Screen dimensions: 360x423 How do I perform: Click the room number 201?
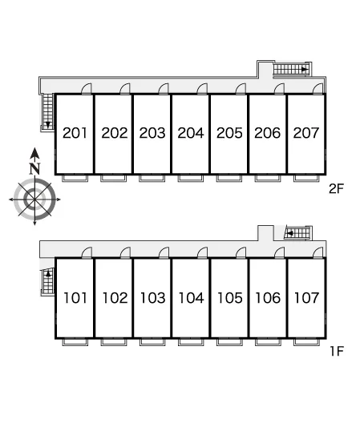click(x=75, y=133)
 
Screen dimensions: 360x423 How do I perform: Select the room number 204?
click(x=191, y=133)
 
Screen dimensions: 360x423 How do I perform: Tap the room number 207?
click(x=306, y=133)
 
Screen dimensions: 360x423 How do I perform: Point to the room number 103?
click(x=152, y=298)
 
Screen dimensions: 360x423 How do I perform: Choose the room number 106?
click(x=268, y=298)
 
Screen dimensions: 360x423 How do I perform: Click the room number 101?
click(x=75, y=298)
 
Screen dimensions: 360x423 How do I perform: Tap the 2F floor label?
click(x=336, y=189)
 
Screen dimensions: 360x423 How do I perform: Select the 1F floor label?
click(x=337, y=351)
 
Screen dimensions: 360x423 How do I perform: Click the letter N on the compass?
click(x=34, y=168)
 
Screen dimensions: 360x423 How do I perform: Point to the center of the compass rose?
click(x=34, y=199)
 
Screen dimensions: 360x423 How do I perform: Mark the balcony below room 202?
click(x=113, y=179)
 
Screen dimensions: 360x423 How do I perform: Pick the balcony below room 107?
click(x=306, y=342)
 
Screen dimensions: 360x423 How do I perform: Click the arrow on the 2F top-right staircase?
click(x=305, y=70)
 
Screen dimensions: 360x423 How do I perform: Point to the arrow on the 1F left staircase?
click(x=48, y=273)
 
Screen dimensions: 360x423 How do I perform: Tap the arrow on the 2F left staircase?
click(x=48, y=125)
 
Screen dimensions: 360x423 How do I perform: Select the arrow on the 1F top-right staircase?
click(x=289, y=233)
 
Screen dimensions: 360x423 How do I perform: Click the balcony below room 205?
click(x=229, y=179)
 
